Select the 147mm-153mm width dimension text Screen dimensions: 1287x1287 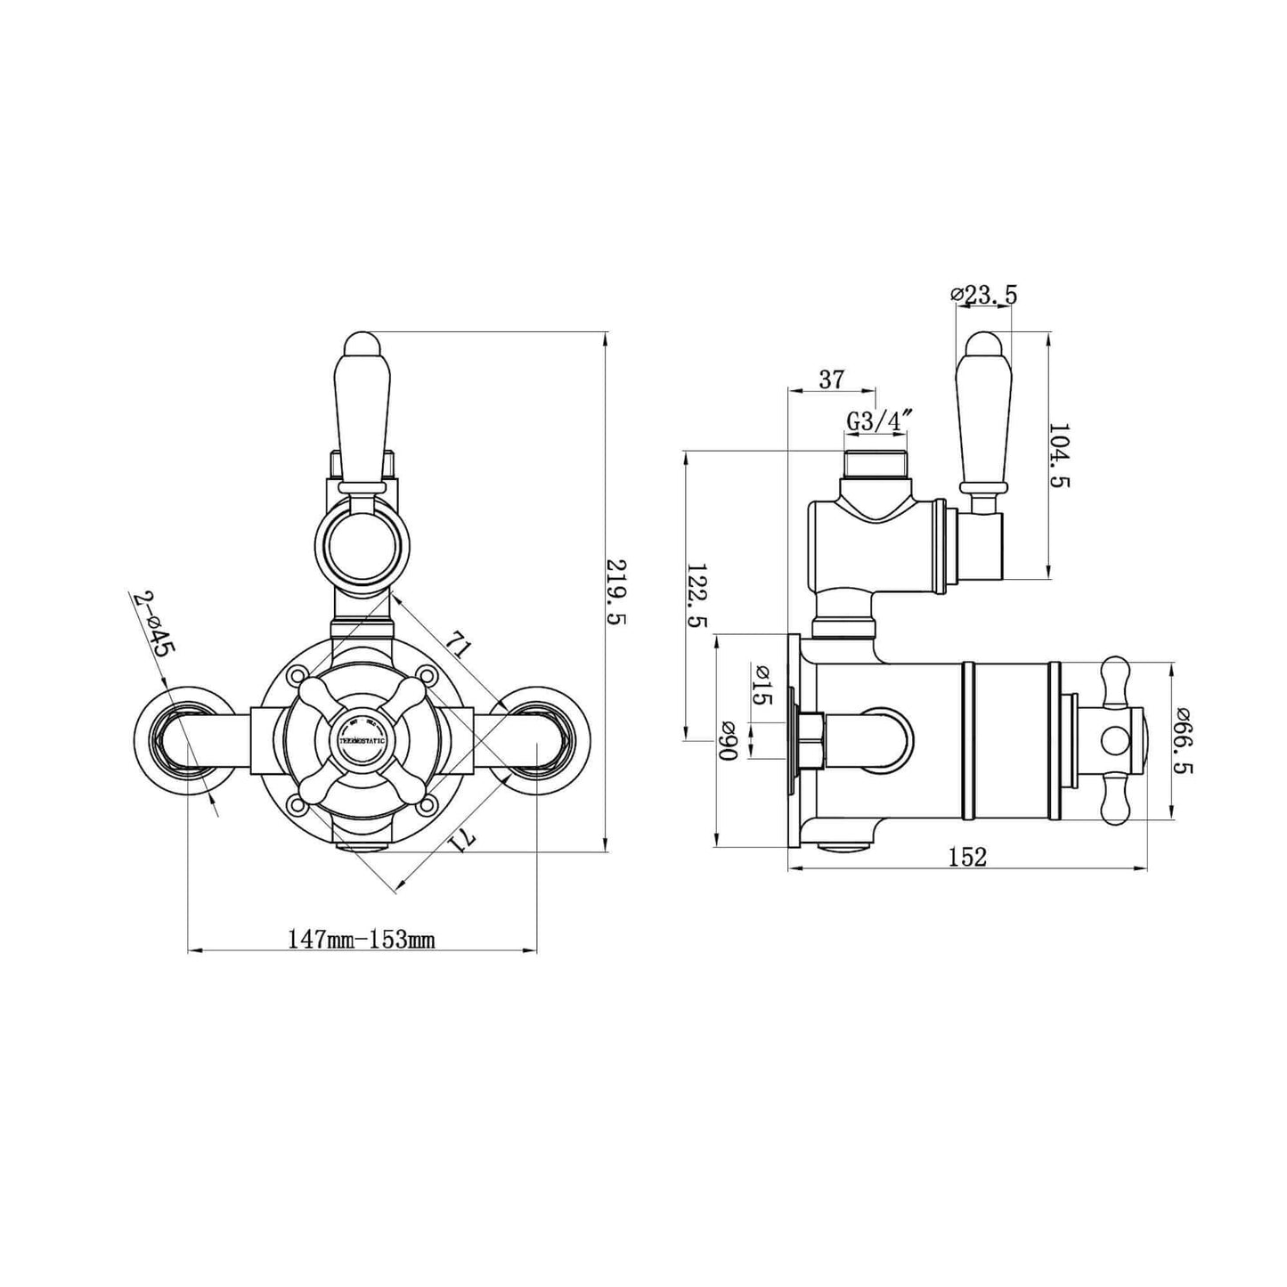pos(361,939)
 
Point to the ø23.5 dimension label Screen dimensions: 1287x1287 pos(984,295)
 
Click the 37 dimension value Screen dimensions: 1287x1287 pos(830,379)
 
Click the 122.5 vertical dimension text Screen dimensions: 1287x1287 pos(697,595)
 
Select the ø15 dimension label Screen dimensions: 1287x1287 pos(762,685)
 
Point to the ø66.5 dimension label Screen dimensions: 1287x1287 pos(1184,740)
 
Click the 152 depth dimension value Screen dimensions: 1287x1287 pos(967,857)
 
